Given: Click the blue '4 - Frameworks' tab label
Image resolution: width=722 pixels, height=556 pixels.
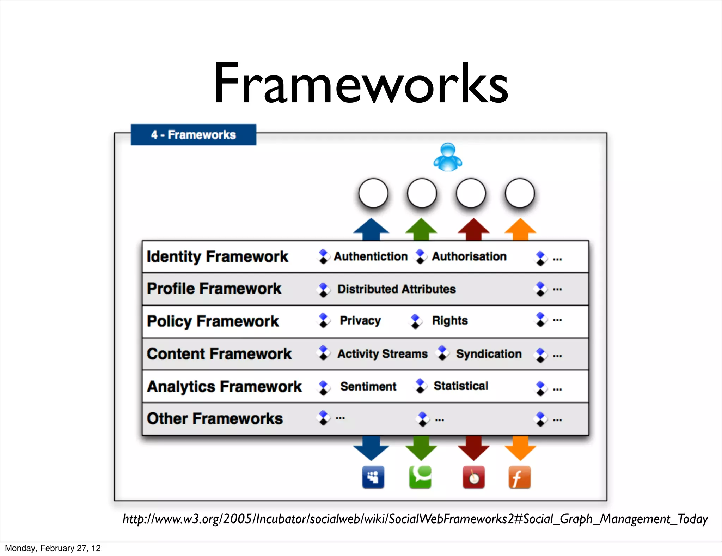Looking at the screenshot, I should pos(193,135).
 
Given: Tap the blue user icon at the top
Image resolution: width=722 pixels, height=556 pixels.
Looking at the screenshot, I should pos(448,157).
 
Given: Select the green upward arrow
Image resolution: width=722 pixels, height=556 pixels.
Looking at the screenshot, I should pos(421,229).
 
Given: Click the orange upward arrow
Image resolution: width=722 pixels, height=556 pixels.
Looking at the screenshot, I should pos(520,229).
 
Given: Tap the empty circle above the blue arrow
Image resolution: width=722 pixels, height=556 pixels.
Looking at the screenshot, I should pos(373,193).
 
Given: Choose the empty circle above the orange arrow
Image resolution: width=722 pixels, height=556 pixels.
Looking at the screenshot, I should pos(520,193).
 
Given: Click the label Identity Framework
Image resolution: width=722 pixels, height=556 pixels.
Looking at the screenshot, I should pos(218,256).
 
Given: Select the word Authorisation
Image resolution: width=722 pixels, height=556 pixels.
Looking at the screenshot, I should pos(469,256).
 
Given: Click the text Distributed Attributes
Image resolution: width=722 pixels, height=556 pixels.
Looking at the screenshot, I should pos(397,289).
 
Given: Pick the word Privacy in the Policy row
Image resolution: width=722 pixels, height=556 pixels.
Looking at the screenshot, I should pos(360,321).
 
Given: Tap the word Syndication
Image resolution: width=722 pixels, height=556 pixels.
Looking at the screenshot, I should pos(489,354).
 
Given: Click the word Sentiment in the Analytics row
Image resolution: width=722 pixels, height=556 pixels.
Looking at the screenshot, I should pos(368,386).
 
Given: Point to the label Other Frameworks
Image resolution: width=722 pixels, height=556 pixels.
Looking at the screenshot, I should pos(215,419).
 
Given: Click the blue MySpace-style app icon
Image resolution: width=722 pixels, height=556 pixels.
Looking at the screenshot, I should pos(373,477).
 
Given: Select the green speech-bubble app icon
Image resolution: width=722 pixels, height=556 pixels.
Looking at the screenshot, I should pos(420,477).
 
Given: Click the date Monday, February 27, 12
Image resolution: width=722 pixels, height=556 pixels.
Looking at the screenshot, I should pos(53,548).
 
